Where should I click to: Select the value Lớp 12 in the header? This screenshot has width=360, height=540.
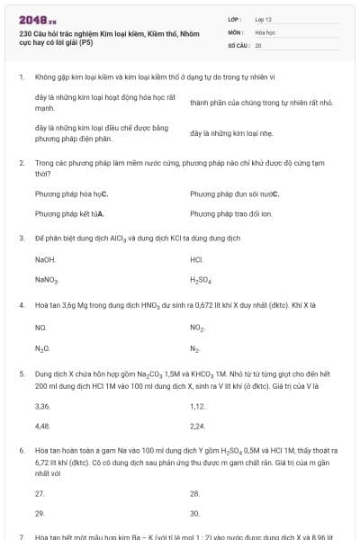click(x=265, y=18)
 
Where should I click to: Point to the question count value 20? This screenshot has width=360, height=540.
click(x=258, y=44)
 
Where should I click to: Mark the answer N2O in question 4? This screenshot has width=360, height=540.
click(x=41, y=348)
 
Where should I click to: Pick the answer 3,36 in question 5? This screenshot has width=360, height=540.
click(x=41, y=406)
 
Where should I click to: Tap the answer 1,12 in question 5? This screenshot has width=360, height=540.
click(x=198, y=406)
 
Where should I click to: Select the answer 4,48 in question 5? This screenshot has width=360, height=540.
click(x=41, y=426)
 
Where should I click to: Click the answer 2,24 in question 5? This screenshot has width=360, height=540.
click(x=198, y=426)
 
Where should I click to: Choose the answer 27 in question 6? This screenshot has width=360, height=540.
click(x=40, y=493)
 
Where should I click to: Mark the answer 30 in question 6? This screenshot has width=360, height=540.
click(x=195, y=513)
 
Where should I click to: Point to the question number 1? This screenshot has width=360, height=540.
click(x=21, y=77)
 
